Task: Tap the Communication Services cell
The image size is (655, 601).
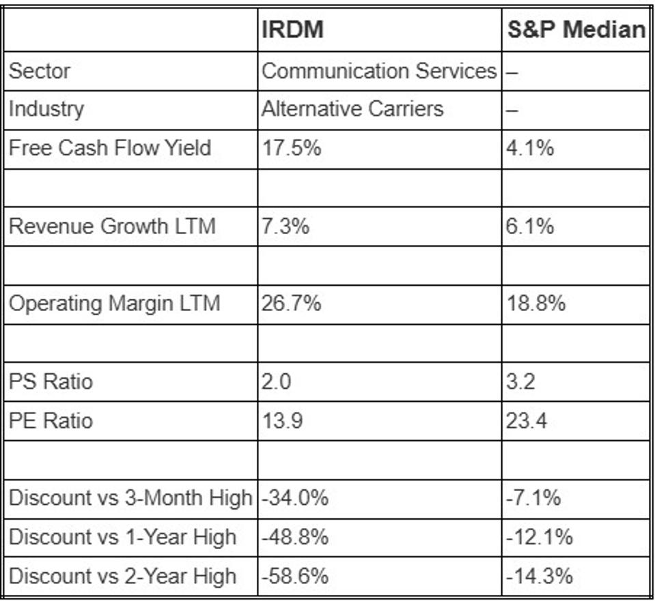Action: coord(379,70)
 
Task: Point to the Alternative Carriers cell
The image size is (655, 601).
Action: coord(352,108)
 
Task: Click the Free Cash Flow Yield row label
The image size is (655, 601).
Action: coord(109,147)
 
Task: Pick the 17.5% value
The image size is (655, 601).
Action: coord(291,147)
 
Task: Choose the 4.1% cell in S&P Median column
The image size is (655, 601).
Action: coord(530,147)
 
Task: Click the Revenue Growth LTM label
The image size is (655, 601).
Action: coord(112,226)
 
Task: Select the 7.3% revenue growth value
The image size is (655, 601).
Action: coord(285,226)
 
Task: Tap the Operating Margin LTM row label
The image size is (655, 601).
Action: coord(114,303)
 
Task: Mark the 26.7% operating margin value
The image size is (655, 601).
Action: coord(291,303)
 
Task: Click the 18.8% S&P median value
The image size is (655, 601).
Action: coord(535,303)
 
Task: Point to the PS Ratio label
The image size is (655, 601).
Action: coord(50,381)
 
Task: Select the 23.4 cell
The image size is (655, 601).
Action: coord(526,420)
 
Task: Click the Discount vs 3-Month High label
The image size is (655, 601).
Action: coord(130,498)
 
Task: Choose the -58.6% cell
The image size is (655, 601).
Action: coord(294,576)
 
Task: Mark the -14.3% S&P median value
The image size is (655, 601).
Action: coord(539,576)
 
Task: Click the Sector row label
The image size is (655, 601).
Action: coord(39,70)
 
